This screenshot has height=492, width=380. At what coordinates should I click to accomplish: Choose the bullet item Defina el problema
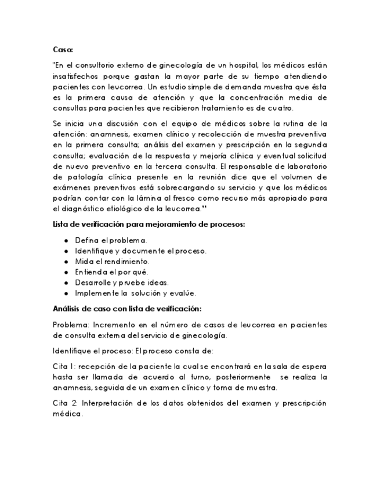pos(111,240)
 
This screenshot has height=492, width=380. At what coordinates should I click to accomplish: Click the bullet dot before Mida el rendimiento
pos(67,261)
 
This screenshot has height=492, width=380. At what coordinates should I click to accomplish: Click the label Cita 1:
pos(64,366)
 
